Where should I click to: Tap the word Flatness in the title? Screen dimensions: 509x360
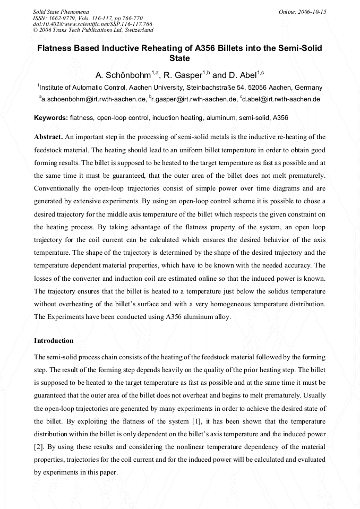(56, 48)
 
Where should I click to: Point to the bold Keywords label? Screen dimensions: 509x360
(51, 117)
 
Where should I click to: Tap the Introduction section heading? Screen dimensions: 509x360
(54, 340)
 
